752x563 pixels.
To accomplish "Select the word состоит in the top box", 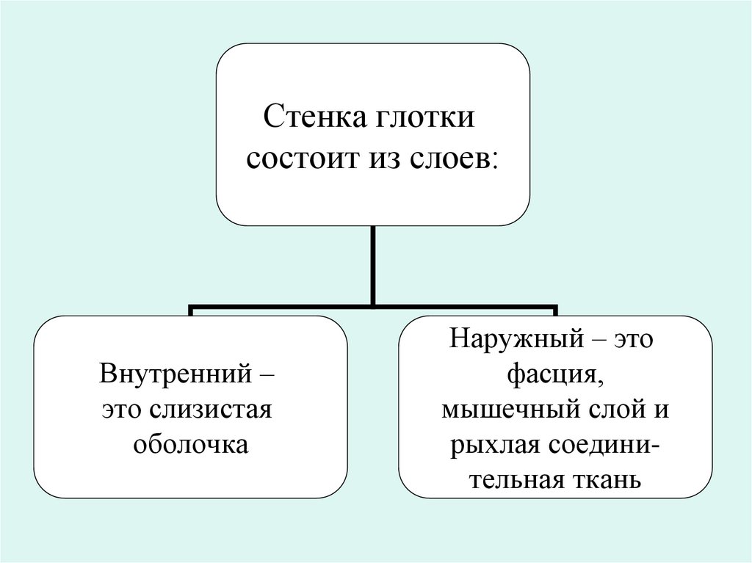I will [296, 157].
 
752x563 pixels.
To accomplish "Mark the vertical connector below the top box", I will [374, 264].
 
